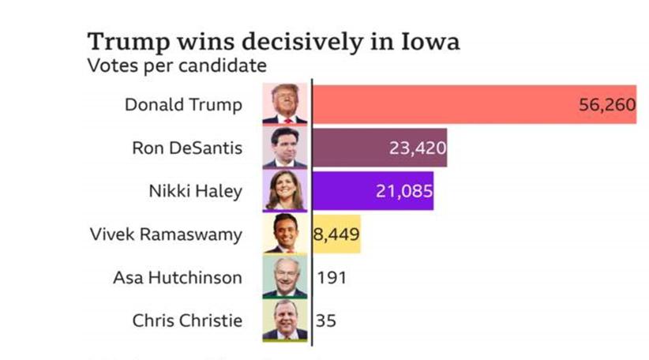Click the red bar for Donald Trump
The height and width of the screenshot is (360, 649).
(442, 105)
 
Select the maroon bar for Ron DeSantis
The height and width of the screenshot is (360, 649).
(347, 148)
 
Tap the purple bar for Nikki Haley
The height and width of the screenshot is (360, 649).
(340, 190)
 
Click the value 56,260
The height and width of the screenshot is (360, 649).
(607, 106)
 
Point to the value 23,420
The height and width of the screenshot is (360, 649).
(418, 148)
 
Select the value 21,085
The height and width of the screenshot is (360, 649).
(403, 190)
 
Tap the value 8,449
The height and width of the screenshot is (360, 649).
(337, 234)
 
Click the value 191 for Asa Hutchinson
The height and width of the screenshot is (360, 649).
(331, 277)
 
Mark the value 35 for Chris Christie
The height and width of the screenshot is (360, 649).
(325, 321)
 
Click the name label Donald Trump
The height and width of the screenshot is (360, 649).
(183, 105)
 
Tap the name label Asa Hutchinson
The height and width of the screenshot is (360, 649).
(178, 277)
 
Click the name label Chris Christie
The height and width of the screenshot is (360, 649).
(187, 321)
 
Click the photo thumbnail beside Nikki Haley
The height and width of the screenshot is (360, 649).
(285, 190)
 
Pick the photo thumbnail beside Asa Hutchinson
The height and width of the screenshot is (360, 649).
(285, 277)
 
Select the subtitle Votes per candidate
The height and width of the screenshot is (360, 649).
(176, 66)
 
